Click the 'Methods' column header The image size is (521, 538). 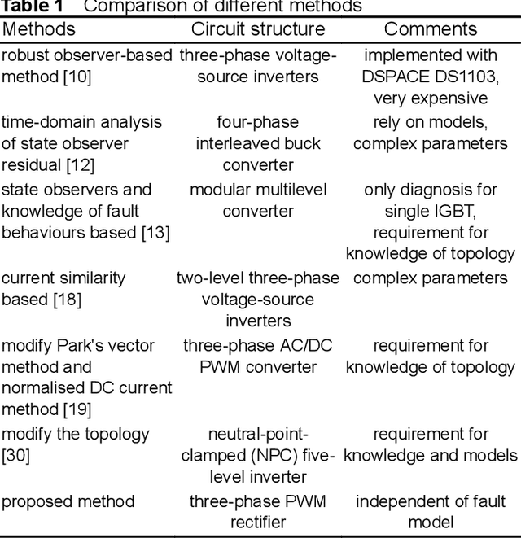point(38,29)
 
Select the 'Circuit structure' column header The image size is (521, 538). point(257,29)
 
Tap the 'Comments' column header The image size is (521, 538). point(431,29)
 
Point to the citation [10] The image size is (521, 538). point(77,77)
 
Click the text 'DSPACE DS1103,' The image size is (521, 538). point(431,77)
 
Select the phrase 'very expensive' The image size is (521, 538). point(431,99)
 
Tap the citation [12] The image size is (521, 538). point(81,166)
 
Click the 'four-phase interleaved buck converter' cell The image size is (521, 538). point(257,144)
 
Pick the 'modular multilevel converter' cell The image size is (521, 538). point(257,200)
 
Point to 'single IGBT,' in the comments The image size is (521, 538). point(431,212)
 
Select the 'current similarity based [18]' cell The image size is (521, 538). point(63,288)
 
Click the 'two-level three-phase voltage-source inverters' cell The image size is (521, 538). point(257,299)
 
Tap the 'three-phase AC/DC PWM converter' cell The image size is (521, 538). point(257,356)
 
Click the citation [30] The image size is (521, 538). point(15,456)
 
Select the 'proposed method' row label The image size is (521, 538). point(68,501)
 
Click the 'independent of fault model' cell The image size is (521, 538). point(431,512)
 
